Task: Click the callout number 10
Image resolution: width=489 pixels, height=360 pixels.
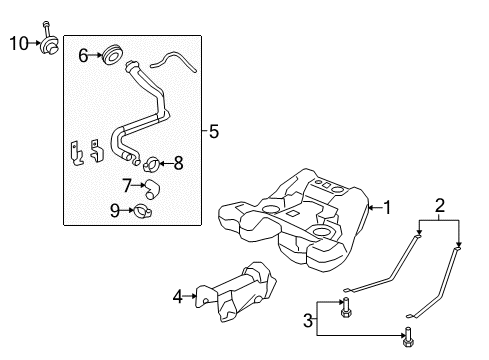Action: pos(19,43)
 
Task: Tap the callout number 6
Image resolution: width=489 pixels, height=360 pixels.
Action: pos(85,56)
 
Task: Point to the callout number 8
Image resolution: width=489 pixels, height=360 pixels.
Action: pos(178,163)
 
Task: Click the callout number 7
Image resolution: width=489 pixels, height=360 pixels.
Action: pos(127,185)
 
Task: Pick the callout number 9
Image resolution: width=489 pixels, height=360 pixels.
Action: pos(115,210)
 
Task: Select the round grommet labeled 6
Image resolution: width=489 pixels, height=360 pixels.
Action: pos(113,54)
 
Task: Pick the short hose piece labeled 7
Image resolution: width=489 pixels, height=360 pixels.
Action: pos(151,187)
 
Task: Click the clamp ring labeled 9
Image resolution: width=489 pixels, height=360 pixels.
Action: pos(145,211)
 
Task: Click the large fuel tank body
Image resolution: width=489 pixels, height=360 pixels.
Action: pos(300,215)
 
